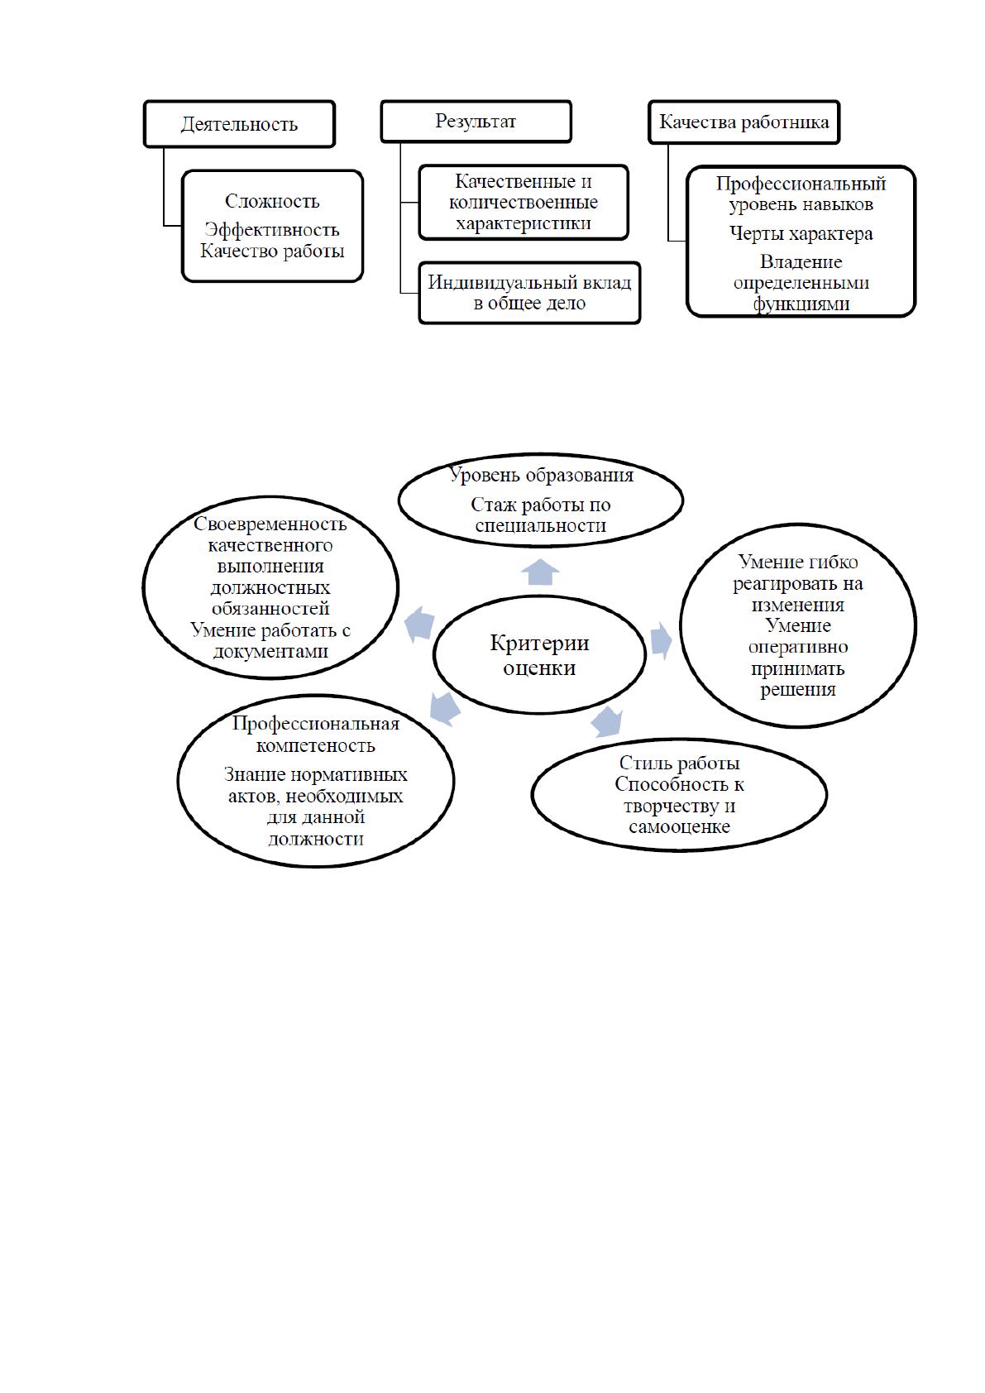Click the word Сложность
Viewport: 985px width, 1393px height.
[272, 202]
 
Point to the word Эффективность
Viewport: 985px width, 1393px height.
[272, 230]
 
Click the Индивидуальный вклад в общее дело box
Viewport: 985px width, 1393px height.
[529, 293]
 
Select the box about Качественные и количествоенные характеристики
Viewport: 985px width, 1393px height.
[524, 203]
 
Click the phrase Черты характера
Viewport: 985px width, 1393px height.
[801, 234]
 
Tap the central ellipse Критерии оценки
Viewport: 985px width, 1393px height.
[539, 655]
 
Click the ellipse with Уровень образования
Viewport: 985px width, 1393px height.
[540, 500]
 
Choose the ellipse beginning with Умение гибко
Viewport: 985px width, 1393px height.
[798, 625]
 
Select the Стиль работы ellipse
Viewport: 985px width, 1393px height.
[679, 795]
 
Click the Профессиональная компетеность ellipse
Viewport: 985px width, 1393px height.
[316, 781]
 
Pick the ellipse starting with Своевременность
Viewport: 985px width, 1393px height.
[270, 587]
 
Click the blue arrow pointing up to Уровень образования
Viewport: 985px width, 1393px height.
[540, 572]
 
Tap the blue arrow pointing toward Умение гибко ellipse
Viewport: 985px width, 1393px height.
[662, 640]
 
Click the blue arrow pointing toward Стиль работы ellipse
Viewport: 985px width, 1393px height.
[607, 722]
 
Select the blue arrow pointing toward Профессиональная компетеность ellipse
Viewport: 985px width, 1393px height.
[445, 708]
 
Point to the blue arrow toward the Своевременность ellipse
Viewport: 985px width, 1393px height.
[419, 624]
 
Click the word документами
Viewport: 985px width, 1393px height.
[270, 652]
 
